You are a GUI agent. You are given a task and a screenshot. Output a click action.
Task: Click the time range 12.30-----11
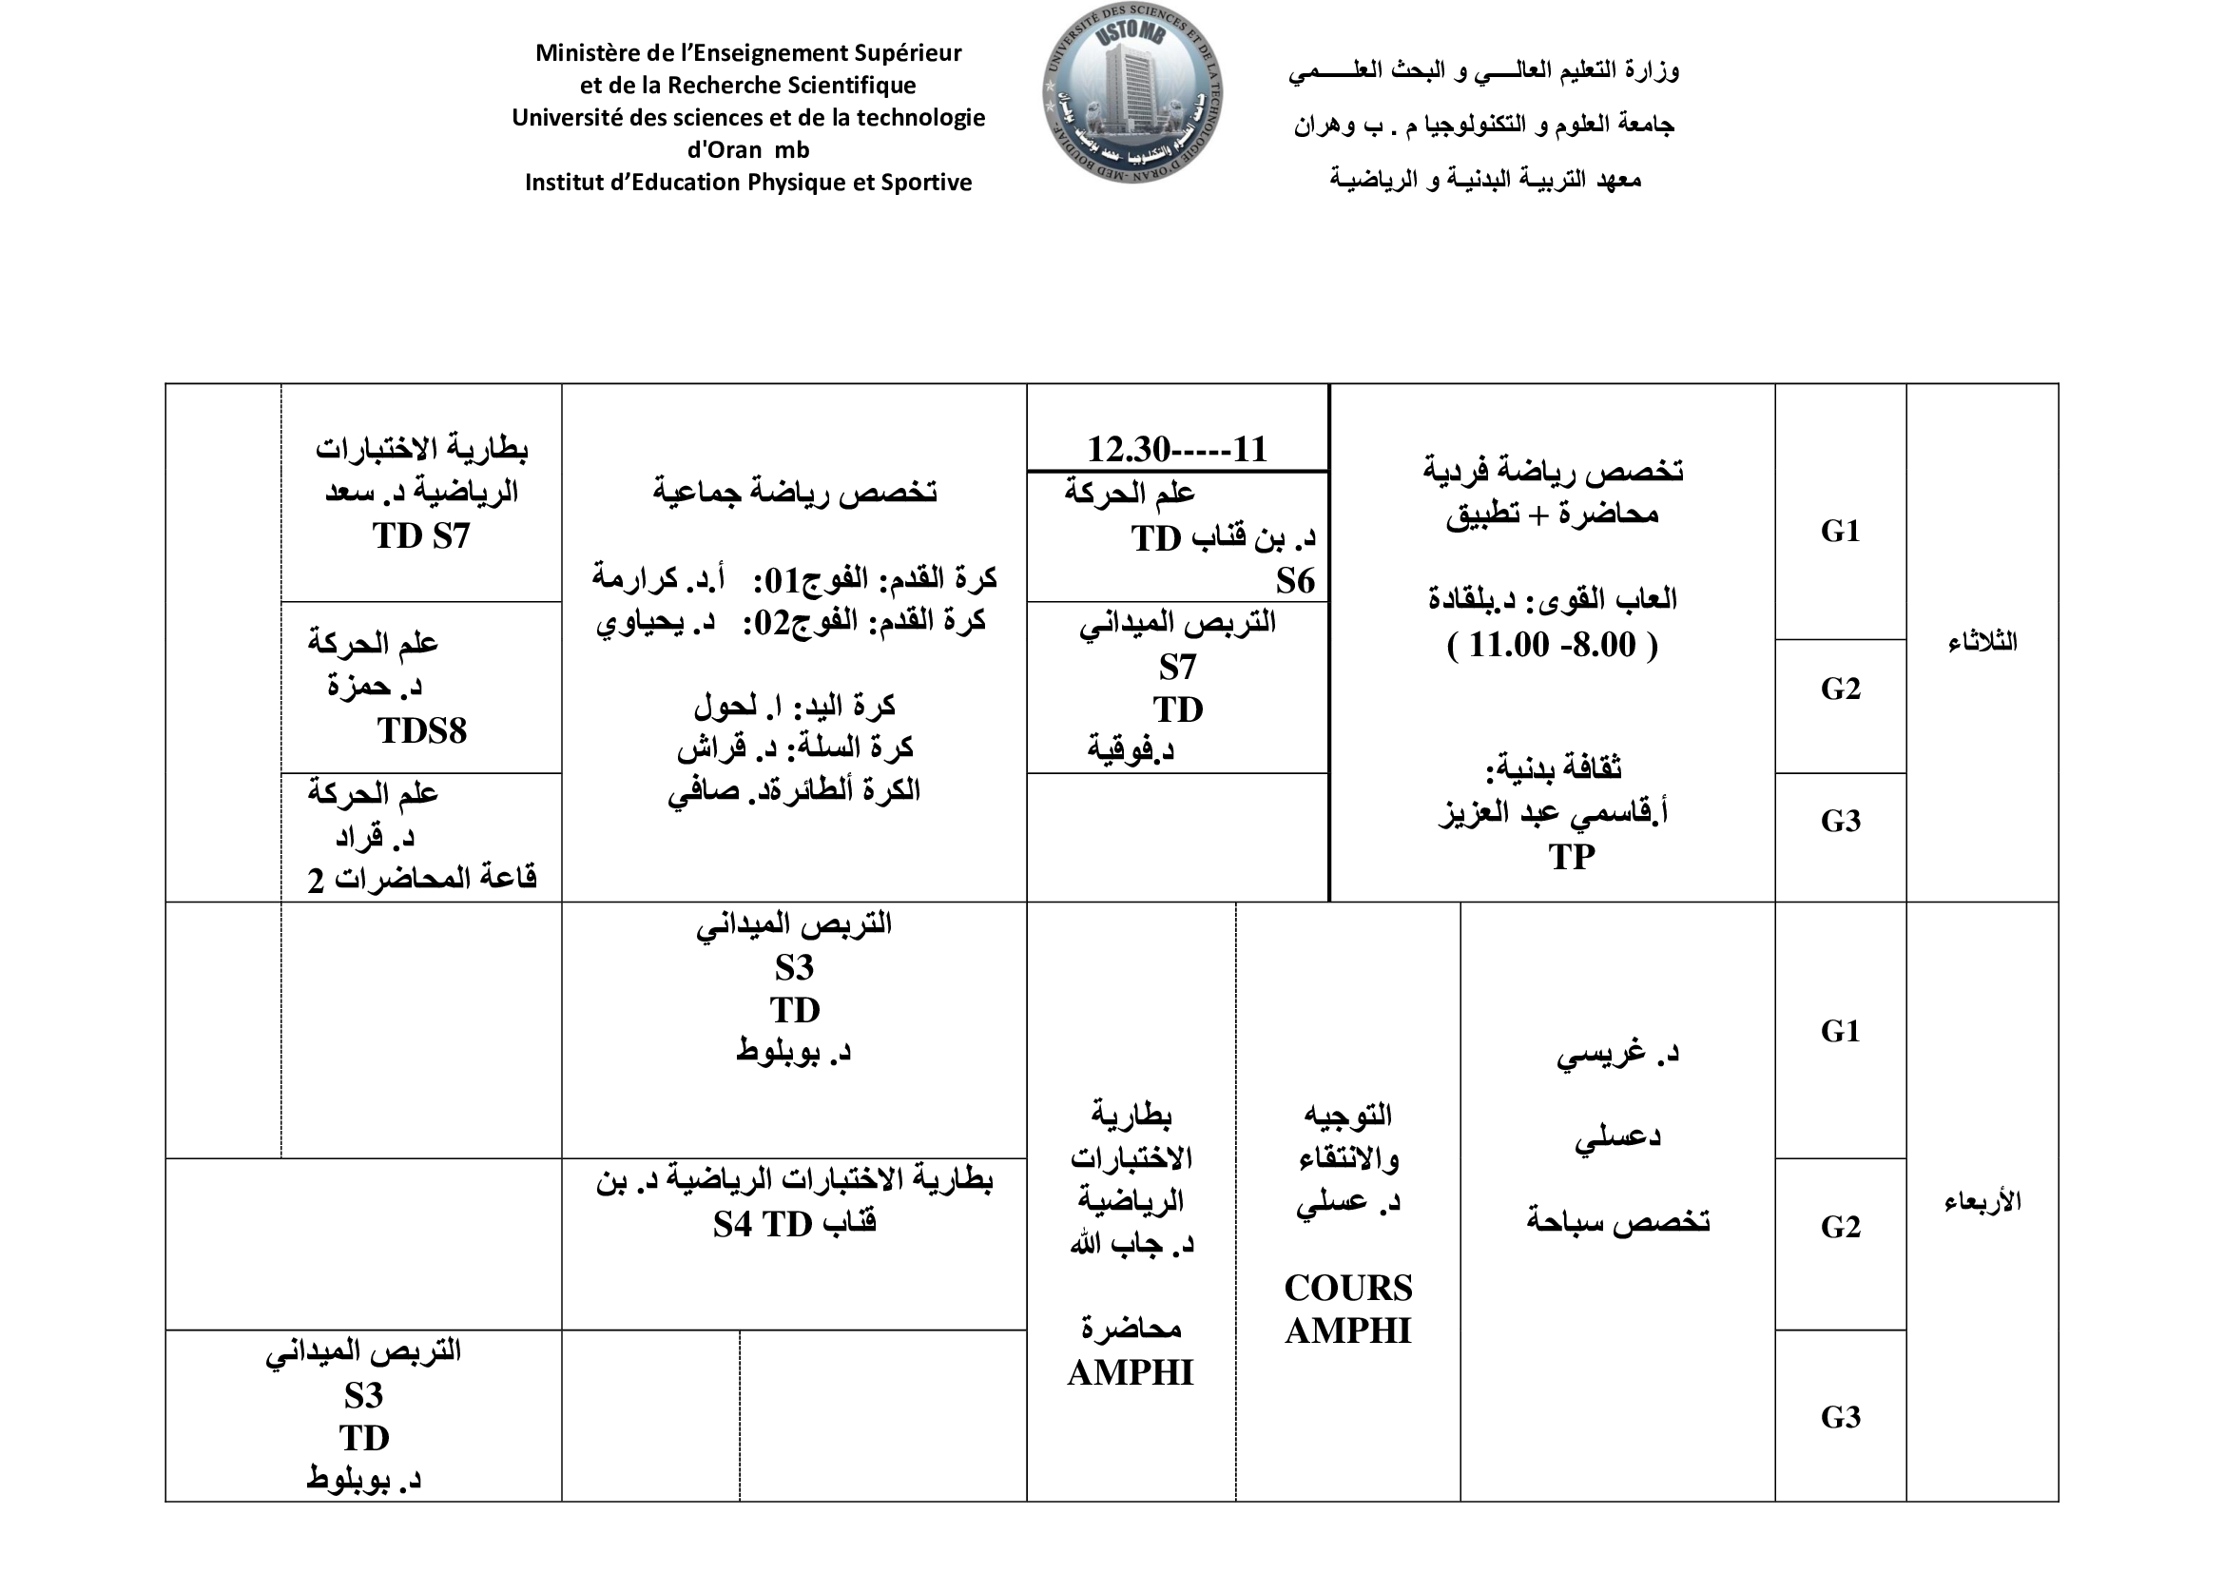[x=1177, y=450]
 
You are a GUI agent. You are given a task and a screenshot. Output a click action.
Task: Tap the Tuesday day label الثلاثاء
[x=1982, y=641]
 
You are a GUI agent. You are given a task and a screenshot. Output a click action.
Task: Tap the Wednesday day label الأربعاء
[x=1982, y=1202]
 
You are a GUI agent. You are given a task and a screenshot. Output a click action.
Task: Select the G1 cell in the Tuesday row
[x=1841, y=531]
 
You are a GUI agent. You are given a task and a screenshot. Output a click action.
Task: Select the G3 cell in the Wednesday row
[x=1841, y=1417]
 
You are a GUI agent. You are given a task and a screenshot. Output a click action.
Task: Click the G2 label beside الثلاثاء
[x=1841, y=689]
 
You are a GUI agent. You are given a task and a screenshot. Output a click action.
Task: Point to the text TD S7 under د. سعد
[x=421, y=535]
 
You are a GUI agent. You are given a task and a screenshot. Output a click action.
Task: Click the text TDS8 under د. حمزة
[x=421, y=730]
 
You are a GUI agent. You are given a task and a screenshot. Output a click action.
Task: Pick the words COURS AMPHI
[x=1348, y=1309]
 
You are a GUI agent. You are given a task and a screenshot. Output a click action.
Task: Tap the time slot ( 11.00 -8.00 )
[x=1552, y=644]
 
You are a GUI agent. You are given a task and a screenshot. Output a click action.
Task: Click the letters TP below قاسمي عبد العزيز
[x=1571, y=856]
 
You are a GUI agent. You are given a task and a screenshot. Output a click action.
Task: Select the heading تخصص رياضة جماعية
[x=794, y=492]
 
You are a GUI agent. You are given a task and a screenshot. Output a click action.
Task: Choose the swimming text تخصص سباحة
[x=1617, y=1220]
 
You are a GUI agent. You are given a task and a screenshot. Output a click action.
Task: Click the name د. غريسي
[x=1617, y=1053]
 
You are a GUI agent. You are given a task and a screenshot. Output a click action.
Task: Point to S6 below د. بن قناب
[x=1295, y=580]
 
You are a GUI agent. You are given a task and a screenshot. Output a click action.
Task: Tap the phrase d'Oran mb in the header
[x=747, y=150]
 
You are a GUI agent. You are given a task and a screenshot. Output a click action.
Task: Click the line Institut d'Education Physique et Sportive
[x=747, y=182]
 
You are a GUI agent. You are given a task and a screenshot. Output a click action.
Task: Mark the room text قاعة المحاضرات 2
[x=421, y=879]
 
